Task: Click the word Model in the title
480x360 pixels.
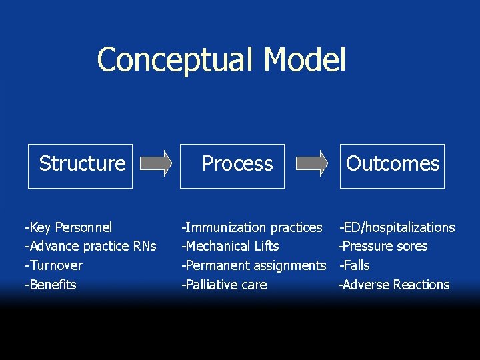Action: (305, 59)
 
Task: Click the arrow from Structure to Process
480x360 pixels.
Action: (157, 163)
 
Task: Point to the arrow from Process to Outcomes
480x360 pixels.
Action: (311, 163)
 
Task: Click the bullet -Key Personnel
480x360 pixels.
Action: (68, 227)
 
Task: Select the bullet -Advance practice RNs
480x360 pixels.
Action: (90, 246)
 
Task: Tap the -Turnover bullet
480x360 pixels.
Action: (53, 265)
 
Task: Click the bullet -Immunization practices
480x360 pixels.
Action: (252, 227)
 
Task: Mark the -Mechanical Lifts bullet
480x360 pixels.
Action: (231, 246)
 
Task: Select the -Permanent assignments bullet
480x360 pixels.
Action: (254, 265)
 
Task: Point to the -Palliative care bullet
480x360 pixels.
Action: (225, 285)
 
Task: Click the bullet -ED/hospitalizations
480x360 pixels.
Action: (397, 227)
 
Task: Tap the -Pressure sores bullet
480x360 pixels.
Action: (383, 246)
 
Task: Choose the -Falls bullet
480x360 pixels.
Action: (355, 265)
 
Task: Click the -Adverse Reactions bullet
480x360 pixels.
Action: (394, 285)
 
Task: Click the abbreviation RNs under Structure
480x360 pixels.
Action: (144, 246)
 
